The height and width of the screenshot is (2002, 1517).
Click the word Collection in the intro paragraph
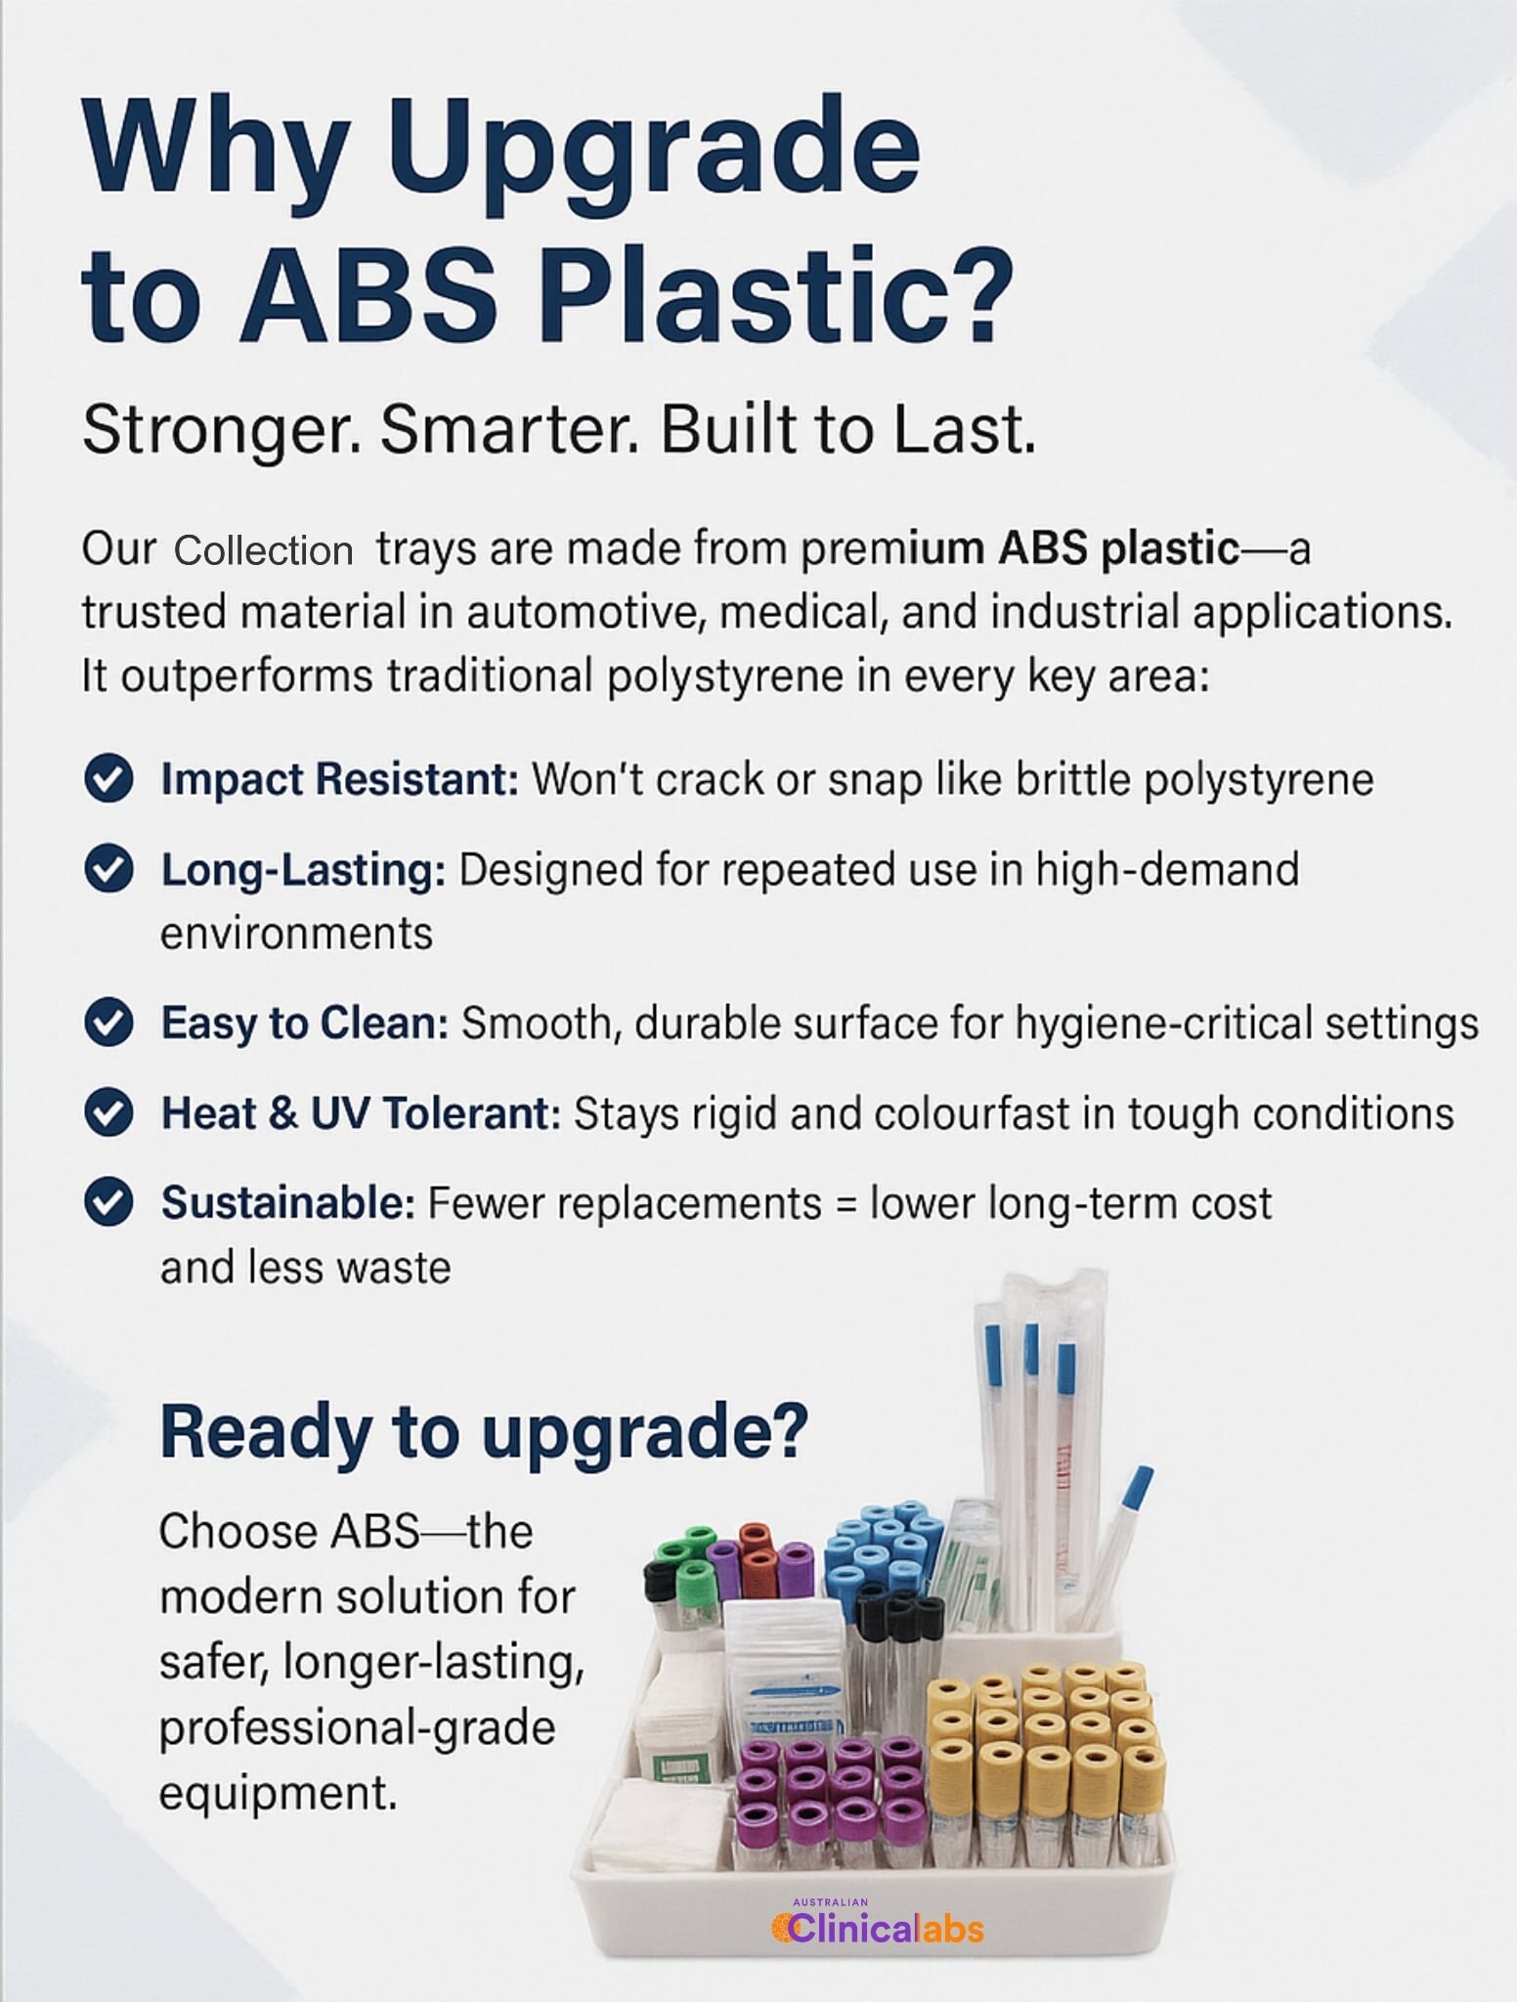click(x=263, y=551)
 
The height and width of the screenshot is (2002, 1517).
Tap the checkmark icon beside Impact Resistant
click(x=108, y=779)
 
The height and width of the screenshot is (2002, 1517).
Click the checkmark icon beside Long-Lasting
click(x=108, y=870)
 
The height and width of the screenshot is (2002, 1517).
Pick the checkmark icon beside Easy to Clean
click(x=108, y=1023)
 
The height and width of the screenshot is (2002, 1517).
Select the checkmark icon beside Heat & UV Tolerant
click(x=108, y=1113)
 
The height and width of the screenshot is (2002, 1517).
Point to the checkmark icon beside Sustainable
click(x=108, y=1203)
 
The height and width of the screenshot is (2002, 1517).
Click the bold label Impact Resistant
click(x=339, y=779)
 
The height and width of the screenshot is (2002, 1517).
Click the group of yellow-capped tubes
click(x=1042, y=1789)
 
